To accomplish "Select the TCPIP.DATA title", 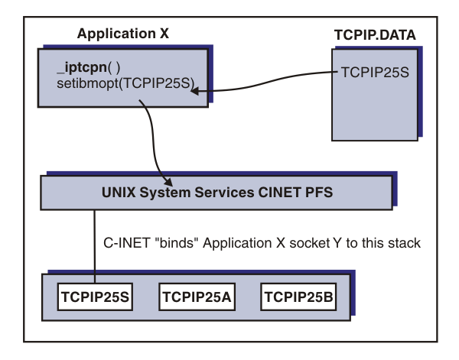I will click(370, 36).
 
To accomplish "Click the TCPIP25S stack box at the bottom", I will click(94, 295).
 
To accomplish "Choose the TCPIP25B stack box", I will click(298, 295).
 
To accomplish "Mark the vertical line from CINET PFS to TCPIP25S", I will click(96, 245).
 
